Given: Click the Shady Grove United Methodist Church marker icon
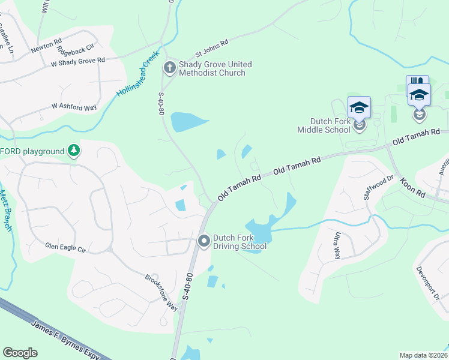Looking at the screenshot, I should tap(169, 68).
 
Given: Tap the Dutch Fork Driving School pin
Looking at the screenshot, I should tap(203, 241).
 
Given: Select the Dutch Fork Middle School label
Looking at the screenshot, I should tap(326, 125).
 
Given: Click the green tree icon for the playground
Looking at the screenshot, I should tap(73, 150).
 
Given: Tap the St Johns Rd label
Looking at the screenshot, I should tap(212, 46).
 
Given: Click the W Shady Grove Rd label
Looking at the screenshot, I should tap(78, 61).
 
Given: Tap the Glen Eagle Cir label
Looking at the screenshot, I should tap(66, 247).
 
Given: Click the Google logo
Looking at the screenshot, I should tap(20, 353).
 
